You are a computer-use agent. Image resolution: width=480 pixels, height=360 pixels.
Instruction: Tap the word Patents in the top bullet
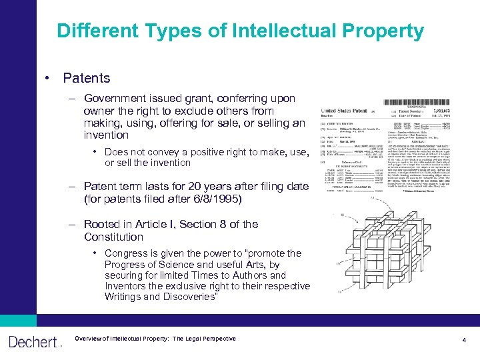87,78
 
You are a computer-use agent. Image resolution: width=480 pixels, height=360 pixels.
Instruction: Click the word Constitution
113,237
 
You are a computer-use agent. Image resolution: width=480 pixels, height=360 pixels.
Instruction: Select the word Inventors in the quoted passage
127,286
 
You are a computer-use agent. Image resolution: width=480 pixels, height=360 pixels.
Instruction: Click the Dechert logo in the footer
34,342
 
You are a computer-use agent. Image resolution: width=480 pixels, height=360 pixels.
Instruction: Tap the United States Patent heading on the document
349,110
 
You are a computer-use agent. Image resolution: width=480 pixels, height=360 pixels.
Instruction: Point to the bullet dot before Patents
49,78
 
